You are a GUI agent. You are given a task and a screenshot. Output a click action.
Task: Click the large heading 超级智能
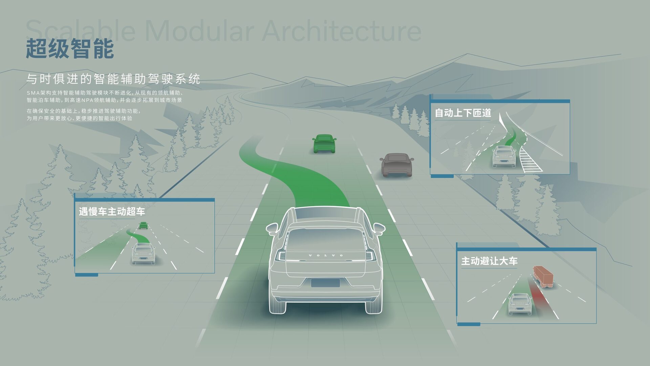tap(70, 49)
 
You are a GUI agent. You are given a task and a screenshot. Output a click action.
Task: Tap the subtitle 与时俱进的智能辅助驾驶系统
tap(113, 79)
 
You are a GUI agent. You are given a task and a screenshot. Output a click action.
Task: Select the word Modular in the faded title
tap(199, 31)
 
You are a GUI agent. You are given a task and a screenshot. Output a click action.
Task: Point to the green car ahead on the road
tap(324, 143)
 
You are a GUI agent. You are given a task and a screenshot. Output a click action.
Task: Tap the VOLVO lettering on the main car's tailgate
tap(326, 255)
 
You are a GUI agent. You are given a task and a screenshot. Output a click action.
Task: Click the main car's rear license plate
tap(325, 283)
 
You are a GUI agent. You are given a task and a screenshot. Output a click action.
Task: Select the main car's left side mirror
tap(272, 229)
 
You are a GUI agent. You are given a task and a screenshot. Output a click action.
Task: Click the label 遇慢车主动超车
tap(112, 212)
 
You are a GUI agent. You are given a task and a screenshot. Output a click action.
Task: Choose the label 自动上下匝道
tap(463, 113)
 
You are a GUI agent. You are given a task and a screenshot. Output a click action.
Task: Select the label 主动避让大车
tap(489, 261)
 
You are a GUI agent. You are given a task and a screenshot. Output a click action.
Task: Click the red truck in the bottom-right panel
tap(543, 277)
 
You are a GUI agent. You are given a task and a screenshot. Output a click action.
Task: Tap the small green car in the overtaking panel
tap(144, 225)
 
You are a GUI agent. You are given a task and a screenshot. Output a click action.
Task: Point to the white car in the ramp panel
tap(504, 156)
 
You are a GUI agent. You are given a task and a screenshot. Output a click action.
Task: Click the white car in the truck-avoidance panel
tap(520, 304)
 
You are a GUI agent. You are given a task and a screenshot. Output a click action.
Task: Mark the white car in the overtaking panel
tap(143, 253)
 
